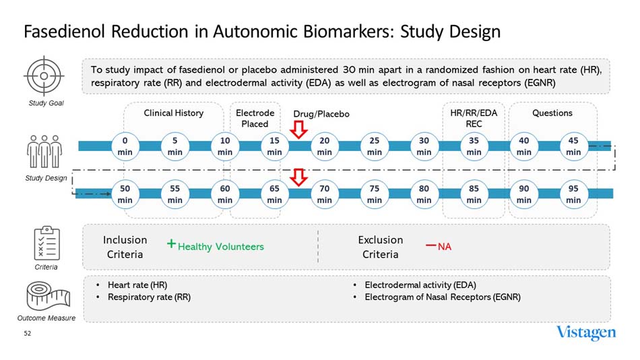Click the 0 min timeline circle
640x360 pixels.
point(125,146)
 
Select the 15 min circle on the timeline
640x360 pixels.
point(275,146)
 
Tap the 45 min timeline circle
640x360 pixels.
point(573,146)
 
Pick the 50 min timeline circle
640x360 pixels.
point(125,193)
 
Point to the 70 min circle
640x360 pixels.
point(325,193)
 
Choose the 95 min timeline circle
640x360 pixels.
point(573,193)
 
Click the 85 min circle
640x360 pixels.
point(474,193)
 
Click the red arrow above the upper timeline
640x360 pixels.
point(298,128)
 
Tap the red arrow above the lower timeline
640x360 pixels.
point(298,177)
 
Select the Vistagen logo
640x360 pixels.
point(586,333)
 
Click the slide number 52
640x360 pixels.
point(28,334)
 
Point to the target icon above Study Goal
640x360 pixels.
point(42,76)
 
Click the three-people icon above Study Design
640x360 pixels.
point(42,152)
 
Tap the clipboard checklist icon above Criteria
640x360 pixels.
point(46,243)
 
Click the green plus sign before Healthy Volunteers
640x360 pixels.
point(172,245)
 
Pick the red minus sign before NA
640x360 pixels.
point(430,245)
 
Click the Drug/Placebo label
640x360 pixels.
point(321,114)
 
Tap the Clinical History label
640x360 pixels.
point(173,113)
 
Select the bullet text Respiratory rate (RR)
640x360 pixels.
point(149,297)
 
